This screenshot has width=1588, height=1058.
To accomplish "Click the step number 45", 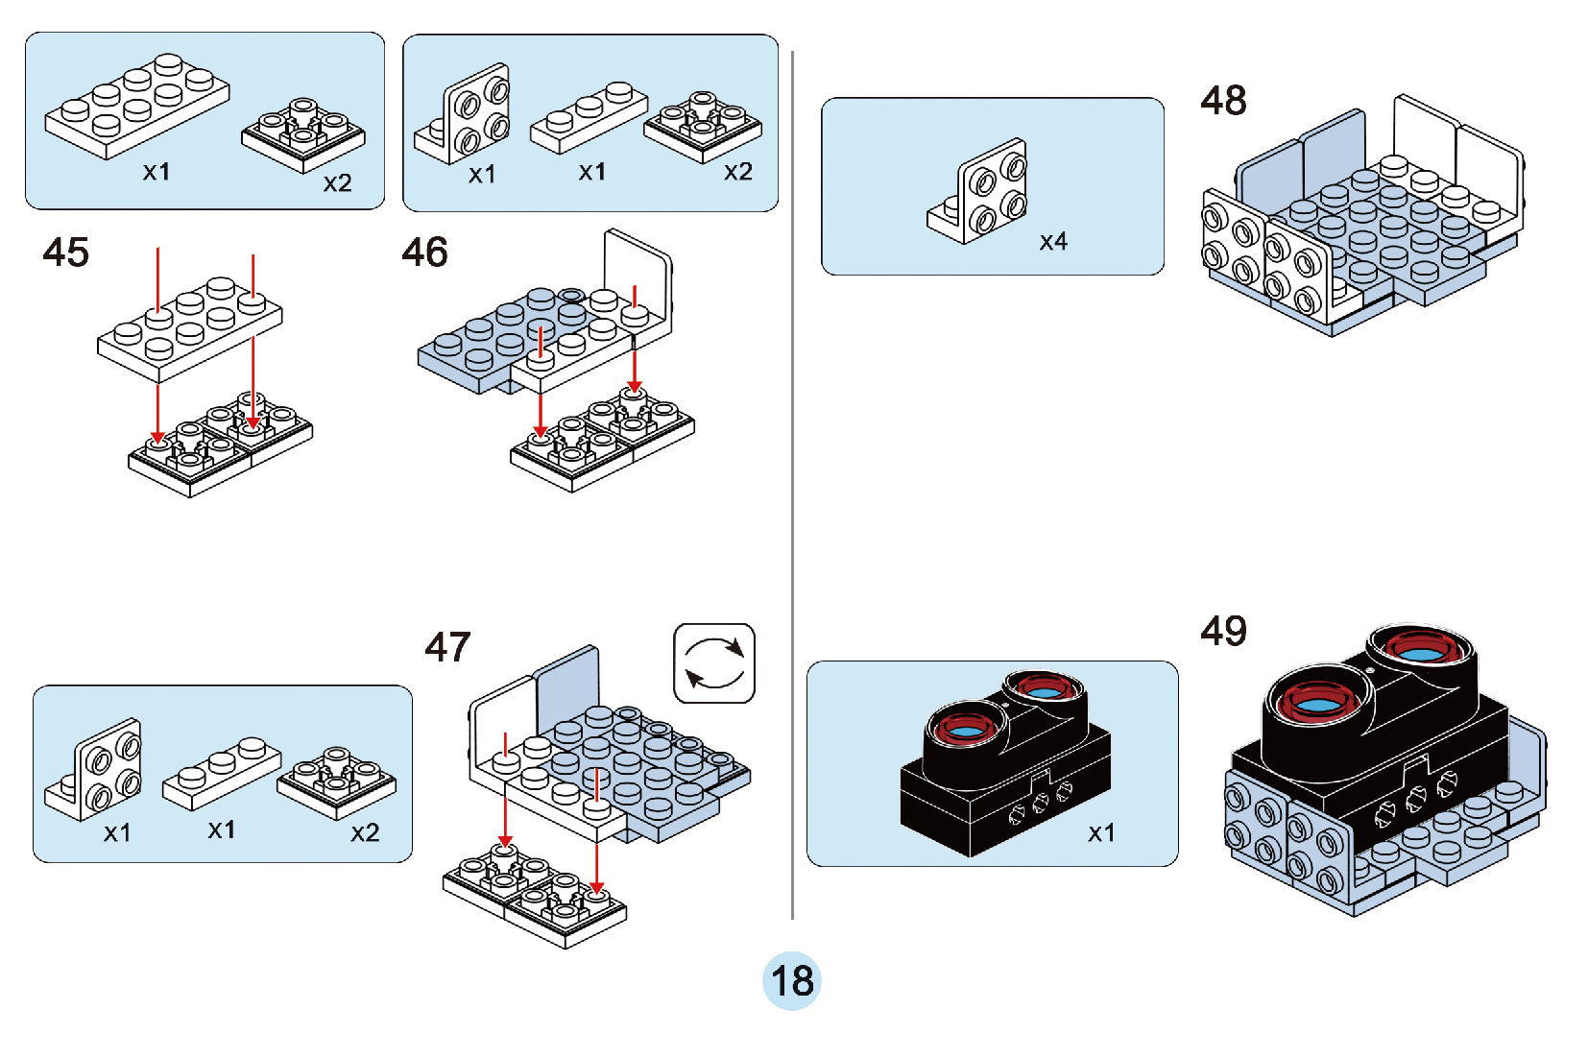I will [x=65, y=252].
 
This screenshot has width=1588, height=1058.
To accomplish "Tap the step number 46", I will [x=424, y=252].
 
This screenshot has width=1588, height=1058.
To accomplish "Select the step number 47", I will [x=447, y=647].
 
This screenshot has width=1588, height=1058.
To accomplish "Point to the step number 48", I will [x=1223, y=100].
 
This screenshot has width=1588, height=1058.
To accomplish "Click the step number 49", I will [x=1223, y=631].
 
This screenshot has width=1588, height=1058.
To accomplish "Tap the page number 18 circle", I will [x=792, y=980].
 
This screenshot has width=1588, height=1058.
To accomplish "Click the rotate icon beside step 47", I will [x=714, y=663].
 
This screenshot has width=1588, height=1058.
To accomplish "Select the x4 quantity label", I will [x=1053, y=242].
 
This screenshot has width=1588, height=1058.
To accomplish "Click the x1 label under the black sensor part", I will [x=1101, y=832].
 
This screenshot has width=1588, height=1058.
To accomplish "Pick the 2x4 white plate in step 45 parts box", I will [x=137, y=106].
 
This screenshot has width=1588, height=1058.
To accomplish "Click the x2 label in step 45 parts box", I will [x=337, y=183].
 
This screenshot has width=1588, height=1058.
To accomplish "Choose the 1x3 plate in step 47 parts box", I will [x=222, y=773].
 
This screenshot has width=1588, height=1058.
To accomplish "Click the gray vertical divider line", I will [x=792, y=480].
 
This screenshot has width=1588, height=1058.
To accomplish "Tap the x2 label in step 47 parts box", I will [x=365, y=832].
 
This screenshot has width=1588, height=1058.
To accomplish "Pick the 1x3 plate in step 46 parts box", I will [x=589, y=116].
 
